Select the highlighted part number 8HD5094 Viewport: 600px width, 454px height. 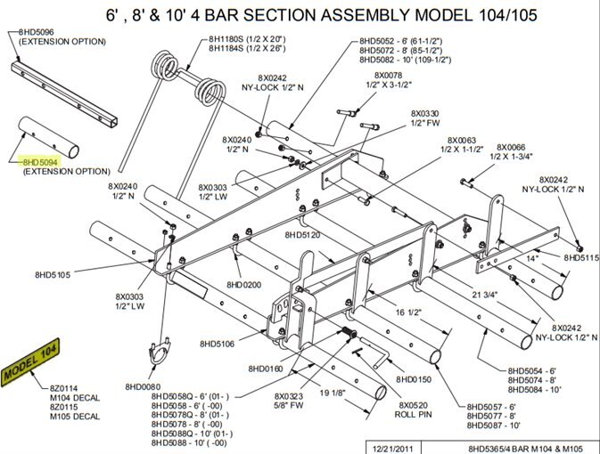click(x=40, y=161)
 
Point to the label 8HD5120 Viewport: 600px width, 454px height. click(x=303, y=235)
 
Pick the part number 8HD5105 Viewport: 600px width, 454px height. click(x=53, y=274)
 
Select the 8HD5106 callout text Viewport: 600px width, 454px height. click(x=218, y=343)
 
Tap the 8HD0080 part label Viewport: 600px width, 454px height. click(x=143, y=386)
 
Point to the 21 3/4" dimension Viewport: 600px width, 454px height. click(x=482, y=295)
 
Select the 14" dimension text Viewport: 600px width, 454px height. click(x=532, y=257)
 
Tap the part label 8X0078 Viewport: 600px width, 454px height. click(x=389, y=75)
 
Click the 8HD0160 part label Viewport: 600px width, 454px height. click(x=265, y=368)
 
